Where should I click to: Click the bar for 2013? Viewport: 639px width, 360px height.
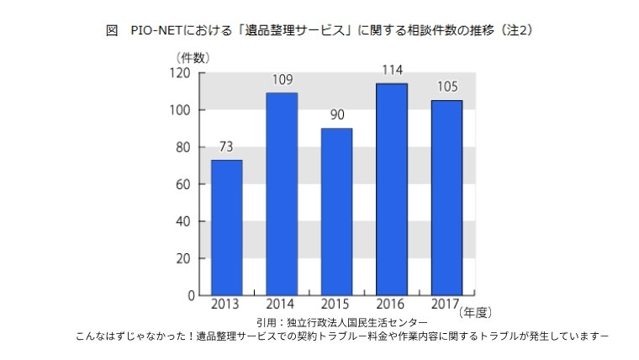click(x=226, y=227)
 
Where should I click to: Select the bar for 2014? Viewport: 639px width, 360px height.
click(x=281, y=193)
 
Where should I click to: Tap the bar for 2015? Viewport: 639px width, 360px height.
click(x=336, y=211)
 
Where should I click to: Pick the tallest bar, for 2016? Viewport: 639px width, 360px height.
click(x=391, y=189)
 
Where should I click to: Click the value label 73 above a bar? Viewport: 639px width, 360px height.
click(x=226, y=147)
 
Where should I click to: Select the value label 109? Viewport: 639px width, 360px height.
click(x=281, y=80)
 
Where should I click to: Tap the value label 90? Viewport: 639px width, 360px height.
click(x=336, y=115)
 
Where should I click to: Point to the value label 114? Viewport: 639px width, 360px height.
click(x=391, y=71)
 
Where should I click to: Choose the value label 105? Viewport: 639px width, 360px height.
click(x=446, y=87)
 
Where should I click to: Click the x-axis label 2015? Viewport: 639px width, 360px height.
click(x=336, y=304)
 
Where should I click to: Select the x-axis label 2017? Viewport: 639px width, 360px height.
click(x=446, y=304)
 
